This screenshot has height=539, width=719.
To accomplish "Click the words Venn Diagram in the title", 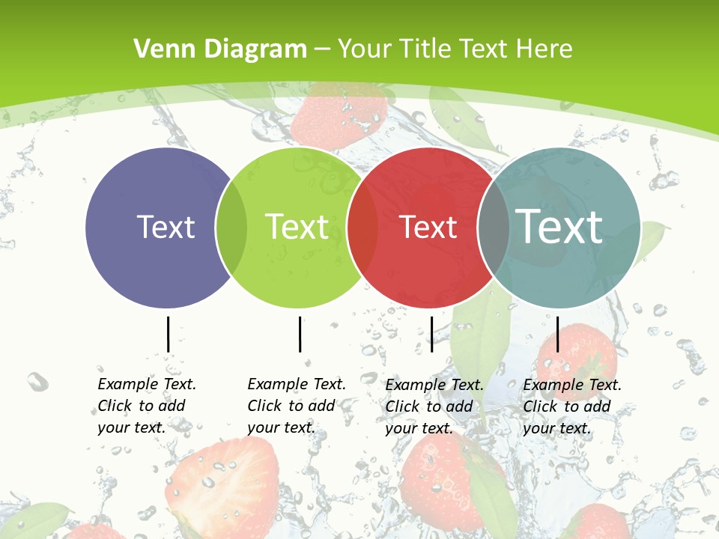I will (x=220, y=49).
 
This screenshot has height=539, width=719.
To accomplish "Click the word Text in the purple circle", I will (x=166, y=227).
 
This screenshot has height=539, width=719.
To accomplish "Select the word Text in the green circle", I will (x=297, y=227).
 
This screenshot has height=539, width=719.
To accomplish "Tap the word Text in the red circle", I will (x=428, y=227).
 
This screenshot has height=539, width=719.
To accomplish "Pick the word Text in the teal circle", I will (x=559, y=226).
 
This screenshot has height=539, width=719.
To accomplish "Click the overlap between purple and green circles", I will (x=231, y=228).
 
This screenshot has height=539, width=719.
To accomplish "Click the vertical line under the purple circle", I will (x=168, y=334).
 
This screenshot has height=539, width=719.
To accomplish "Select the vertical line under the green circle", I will (x=300, y=334).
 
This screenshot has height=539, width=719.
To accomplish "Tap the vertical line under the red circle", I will (x=431, y=334).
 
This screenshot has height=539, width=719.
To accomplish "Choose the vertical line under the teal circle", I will (x=557, y=334).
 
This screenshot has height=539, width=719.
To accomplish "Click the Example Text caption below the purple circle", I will (x=146, y=406).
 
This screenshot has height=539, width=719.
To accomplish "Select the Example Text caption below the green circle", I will (x=296, y=406).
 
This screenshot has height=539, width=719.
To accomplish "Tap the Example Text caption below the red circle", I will (x=434, y=406).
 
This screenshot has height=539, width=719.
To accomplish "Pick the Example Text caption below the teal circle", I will (x=571, y=406).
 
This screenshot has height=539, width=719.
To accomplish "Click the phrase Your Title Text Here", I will (x=455, y=49).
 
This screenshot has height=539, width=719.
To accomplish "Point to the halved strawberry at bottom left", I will (x=232, y=487).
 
